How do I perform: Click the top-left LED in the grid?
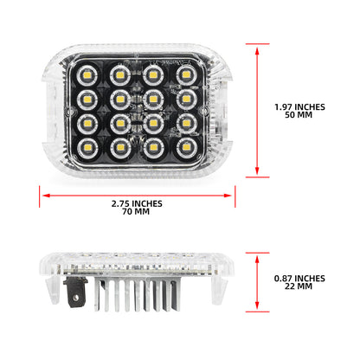[x=87, y=75]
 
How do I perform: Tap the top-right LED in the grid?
[x=186, y=75]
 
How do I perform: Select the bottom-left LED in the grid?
[x=87, y=149]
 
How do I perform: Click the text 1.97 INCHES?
[x=299, y=107]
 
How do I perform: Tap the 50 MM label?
[x=299, y=115]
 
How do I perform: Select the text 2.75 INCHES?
[x=137, y=204]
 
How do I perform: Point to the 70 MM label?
[x=136, y=212]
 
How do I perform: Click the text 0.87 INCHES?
[x=299, y=279]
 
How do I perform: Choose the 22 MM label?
[x=299, y=286]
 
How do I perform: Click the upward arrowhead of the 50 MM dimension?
[x=257, y=51]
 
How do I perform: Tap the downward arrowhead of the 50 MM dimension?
[x=257, y=170]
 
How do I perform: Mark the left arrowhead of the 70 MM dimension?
[x=47, y=196]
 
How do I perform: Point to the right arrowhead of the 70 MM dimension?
[x=228, y=196]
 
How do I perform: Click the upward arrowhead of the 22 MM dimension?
[x=257, y=260]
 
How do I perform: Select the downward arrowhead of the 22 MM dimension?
[x=257, y=305]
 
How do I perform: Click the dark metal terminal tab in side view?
[x=75, y=292]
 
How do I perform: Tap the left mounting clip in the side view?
[x=53, y=289]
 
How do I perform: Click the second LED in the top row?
[x=120, y=75]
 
